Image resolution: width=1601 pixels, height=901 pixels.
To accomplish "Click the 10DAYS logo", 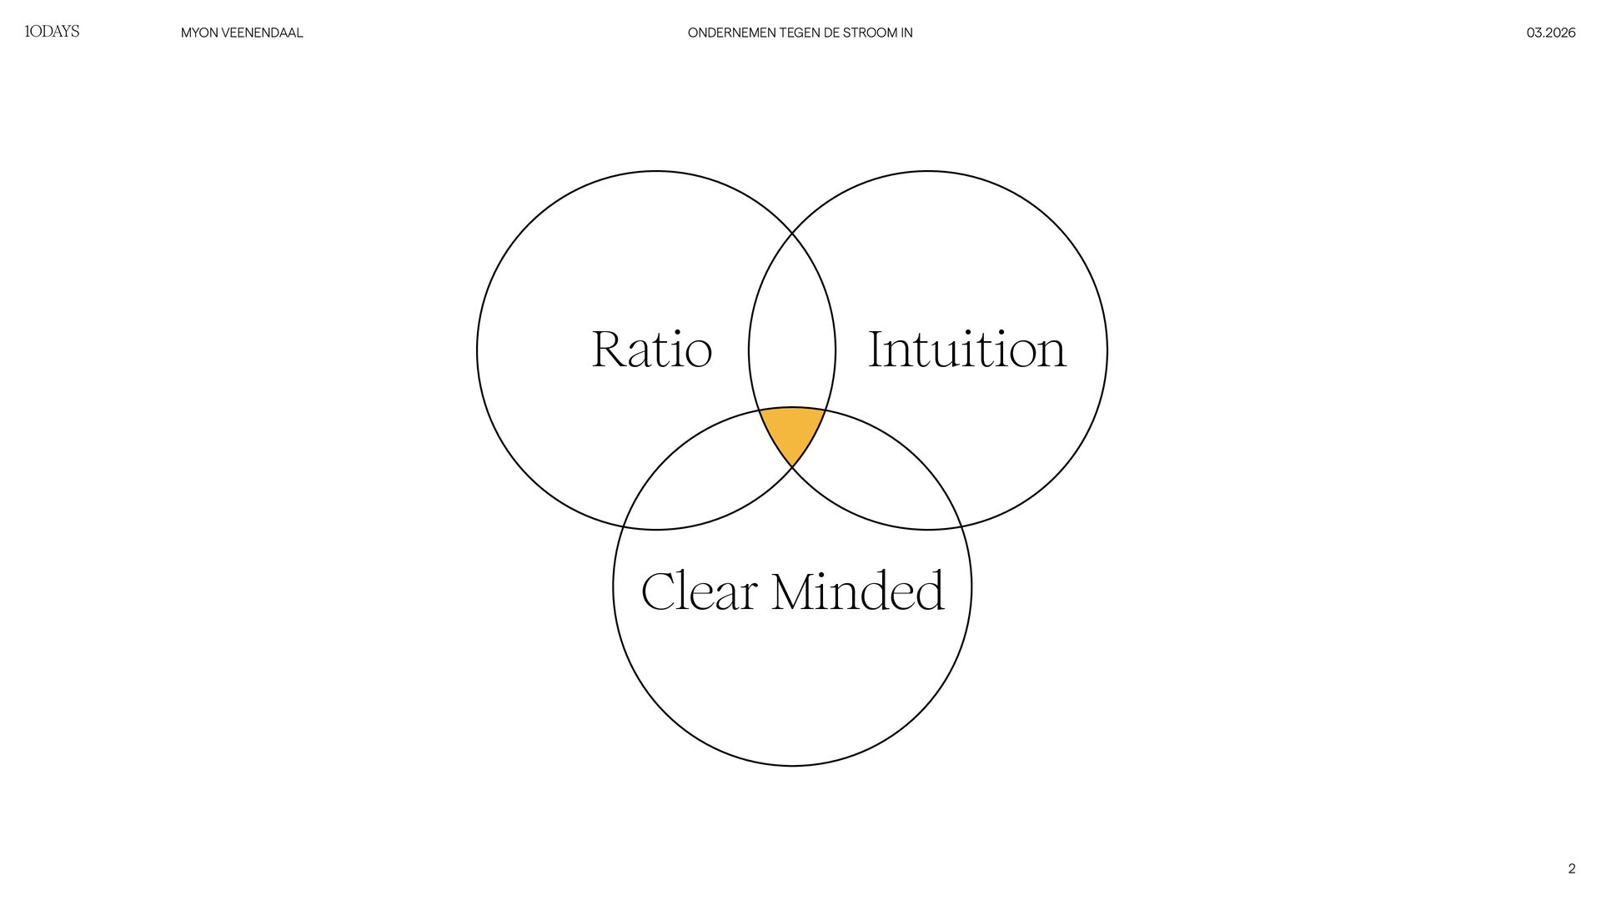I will [52, 32].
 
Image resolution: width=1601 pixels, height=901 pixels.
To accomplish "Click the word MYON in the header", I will [199, 33].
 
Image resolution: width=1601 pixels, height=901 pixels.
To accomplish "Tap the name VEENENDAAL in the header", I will [262, 33].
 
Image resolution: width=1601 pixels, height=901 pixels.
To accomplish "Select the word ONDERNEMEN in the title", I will [731, 33].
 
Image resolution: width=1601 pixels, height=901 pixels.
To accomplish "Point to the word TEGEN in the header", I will [799, 33].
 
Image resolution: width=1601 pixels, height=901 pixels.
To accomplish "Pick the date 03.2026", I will [1550, 33].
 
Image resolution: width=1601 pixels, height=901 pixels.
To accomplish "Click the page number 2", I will [1571, 868].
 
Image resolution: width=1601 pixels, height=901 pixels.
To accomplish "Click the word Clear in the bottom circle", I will [699, 591].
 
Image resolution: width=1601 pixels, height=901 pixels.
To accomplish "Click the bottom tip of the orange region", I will [792, 466].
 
